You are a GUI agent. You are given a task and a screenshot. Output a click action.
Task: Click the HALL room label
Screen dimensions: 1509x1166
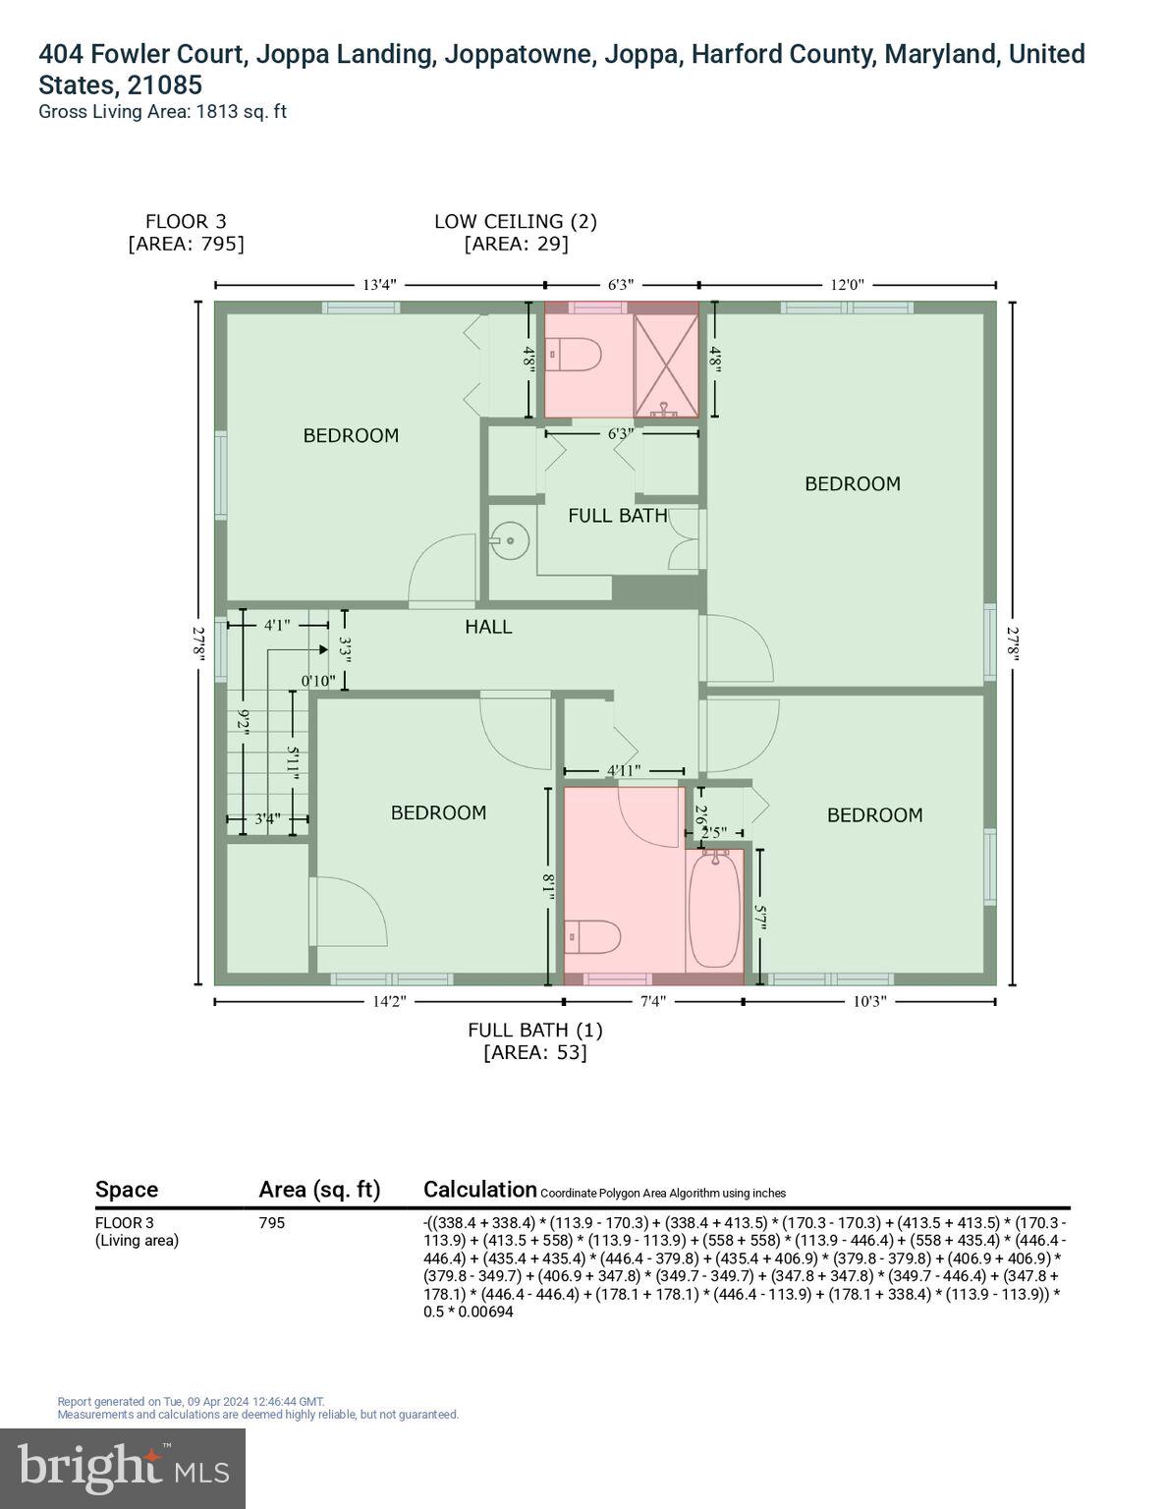click(488, 627)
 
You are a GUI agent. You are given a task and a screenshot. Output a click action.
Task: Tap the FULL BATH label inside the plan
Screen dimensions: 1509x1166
click(617, 515)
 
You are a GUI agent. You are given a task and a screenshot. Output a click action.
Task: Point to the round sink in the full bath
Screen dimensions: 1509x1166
click(509, 540)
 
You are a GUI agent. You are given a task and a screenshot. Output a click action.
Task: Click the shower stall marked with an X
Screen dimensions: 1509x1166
click(666, 360)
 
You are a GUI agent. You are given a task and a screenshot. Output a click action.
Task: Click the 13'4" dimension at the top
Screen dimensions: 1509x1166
click(379, 285)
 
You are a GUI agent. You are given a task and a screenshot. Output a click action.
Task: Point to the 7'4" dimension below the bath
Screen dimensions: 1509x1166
click(653, 1002)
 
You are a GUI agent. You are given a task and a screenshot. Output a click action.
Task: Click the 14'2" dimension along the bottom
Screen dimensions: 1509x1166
click(388, 1002)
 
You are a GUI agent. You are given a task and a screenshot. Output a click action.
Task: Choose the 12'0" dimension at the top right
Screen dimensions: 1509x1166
click(847, 285)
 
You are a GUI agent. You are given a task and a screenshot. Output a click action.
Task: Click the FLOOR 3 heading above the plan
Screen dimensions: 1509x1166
click(186, 222)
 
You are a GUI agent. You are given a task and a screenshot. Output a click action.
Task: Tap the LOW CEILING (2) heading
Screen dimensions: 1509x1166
click(516, 222)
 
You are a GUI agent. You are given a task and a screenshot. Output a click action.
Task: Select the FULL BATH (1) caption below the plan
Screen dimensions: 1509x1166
click(535, 1030)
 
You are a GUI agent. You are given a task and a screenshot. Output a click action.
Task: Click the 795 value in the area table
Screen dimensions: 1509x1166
click(272, 1223)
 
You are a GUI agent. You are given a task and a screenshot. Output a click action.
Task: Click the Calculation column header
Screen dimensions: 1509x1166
click(479, 1190)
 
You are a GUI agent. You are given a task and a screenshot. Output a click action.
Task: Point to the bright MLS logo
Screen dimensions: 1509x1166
click(123, 1468)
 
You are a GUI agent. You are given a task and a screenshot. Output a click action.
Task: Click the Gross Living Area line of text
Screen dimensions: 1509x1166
click(162, 111)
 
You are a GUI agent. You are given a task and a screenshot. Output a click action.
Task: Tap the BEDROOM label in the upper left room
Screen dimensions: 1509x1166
click(351, 435)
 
